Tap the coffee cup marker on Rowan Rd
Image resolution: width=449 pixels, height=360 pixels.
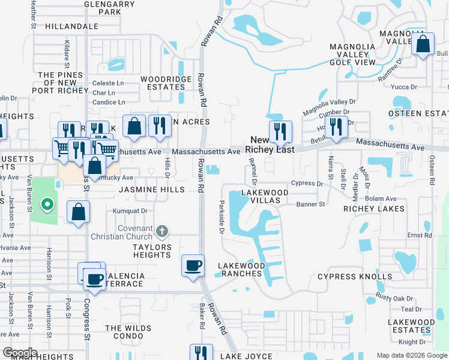tap(193, 265)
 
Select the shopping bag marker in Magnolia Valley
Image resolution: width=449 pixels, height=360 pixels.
tap(423, 44)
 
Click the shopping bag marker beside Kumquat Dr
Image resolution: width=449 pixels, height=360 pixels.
tap(79, 212)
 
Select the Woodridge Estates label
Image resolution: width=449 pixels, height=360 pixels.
tap(166, 83)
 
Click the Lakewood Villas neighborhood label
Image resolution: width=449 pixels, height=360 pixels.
tap(265, 196)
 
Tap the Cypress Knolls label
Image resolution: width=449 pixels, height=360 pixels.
tap(355, 277)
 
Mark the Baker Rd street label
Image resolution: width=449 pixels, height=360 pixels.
tap(202, 316)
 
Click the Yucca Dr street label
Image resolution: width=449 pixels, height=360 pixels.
tap(404, 87)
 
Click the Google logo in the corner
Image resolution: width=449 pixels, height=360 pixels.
tap(20, 353)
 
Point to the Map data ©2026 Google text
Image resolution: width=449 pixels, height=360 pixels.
tap(411, 355)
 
